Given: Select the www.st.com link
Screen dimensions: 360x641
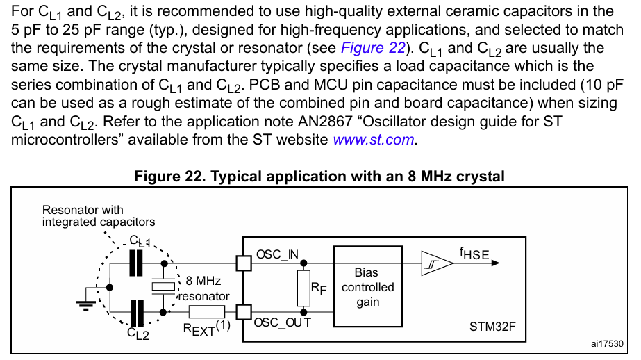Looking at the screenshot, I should pos(374,139).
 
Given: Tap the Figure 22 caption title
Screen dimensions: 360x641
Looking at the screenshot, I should pos(319,177).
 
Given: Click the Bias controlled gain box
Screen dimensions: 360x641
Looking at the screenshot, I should pos(367,286).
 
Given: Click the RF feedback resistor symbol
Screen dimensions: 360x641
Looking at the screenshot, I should pos(303,288).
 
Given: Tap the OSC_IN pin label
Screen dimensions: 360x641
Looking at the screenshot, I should pos(276,254).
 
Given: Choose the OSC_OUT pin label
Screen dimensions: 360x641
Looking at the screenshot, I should pos(282,322).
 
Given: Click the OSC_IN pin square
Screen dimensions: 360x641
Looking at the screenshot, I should pos(243,263).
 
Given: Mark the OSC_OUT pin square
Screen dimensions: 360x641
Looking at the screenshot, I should pos(243,312).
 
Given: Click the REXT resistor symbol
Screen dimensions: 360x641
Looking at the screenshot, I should pos(206,312).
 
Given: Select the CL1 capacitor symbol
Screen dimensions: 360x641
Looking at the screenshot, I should pos(137,263).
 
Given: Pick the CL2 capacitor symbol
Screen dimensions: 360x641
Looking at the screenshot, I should pos(137,312).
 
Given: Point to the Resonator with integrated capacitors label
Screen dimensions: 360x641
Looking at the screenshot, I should pos(98,215).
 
